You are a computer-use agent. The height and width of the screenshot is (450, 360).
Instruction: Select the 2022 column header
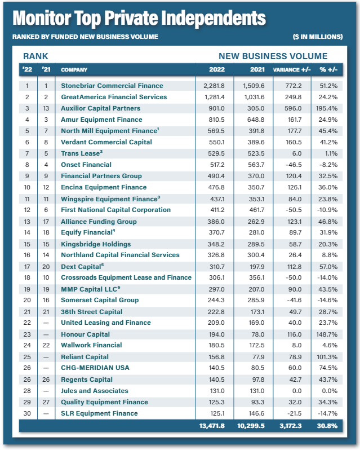(x=216, y=70)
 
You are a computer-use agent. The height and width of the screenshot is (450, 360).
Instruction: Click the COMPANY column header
(x=74, y=70)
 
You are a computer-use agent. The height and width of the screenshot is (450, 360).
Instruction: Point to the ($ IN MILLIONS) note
(x=318, y=37)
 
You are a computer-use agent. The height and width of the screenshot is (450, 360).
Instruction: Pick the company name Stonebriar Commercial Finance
(x=112, y=86)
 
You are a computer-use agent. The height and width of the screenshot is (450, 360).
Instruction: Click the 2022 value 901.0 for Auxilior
(x=216, y=108)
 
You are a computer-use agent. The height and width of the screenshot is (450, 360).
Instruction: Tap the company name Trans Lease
(x=81, y=153)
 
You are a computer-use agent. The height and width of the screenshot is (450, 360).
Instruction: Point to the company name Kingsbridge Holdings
(x=96, y=244)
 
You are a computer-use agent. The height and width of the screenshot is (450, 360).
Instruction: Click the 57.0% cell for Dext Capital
(x=328, y=267)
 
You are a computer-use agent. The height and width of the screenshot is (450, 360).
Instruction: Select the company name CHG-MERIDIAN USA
(x=95, y=368)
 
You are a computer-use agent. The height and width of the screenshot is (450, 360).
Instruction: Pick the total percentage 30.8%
(x=327, y=426)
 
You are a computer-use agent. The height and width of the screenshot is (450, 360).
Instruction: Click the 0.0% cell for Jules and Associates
(x=330, y=391)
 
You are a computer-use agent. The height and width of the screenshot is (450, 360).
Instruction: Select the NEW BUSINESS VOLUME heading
(x=273, y=56)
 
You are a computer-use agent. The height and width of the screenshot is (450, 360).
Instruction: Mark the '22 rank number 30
(x=26, y=413)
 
